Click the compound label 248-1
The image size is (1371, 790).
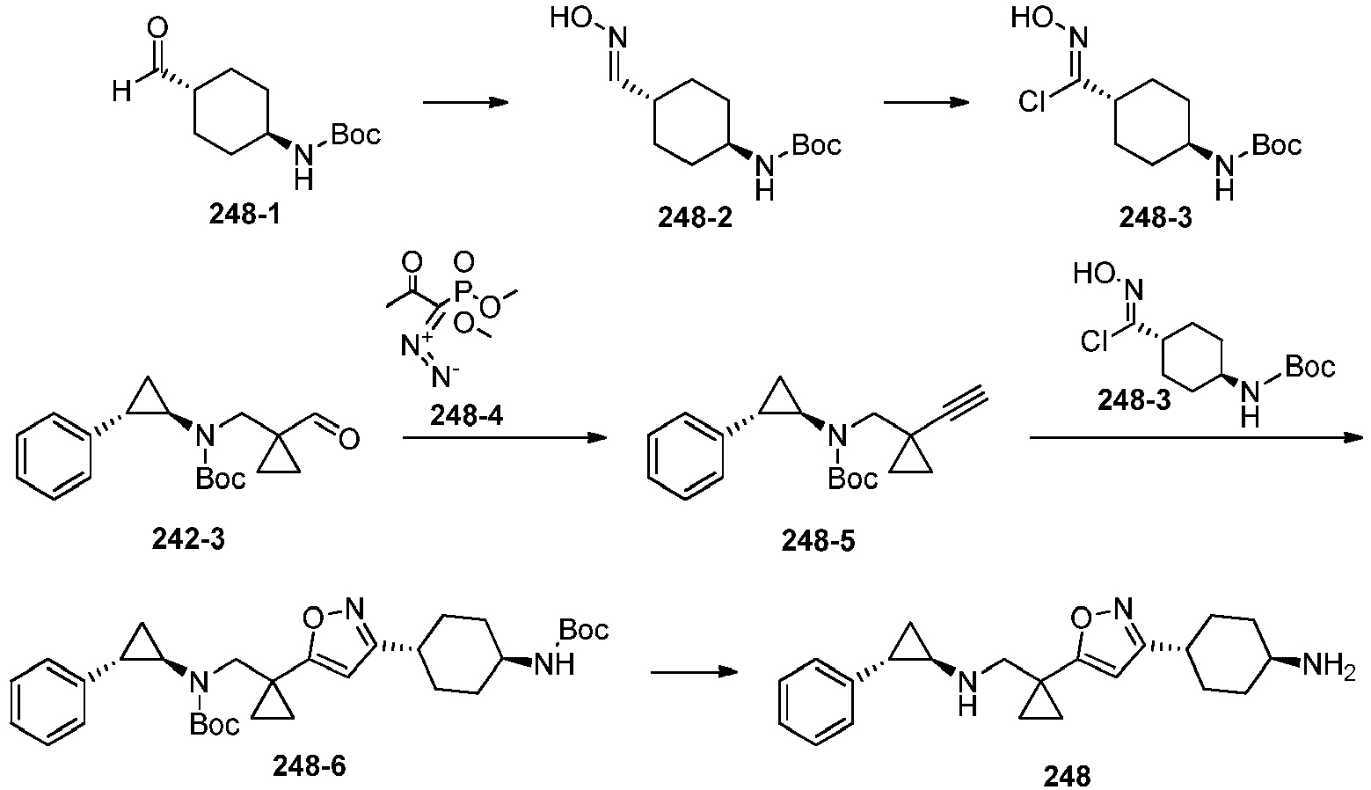click(244, 215)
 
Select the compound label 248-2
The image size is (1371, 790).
click(695, 217)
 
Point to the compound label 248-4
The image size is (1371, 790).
click(466, 416)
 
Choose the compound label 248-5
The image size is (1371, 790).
click(818, 541)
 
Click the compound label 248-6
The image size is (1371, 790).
click(309, 766)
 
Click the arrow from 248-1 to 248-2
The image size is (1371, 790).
click(466, 102)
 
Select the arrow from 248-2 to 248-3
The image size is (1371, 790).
click(926, 102)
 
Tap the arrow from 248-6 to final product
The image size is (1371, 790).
click(693, 672)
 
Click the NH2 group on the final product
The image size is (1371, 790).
click(1329, 665)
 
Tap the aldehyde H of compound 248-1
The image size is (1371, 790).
click(122, 92)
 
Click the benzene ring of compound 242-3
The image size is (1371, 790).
click(53, 457)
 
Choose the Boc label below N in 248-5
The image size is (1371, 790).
click(853, 479)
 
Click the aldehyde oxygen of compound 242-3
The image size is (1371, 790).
click(349, 438)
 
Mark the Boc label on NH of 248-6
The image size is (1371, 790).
click(584, 630)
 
